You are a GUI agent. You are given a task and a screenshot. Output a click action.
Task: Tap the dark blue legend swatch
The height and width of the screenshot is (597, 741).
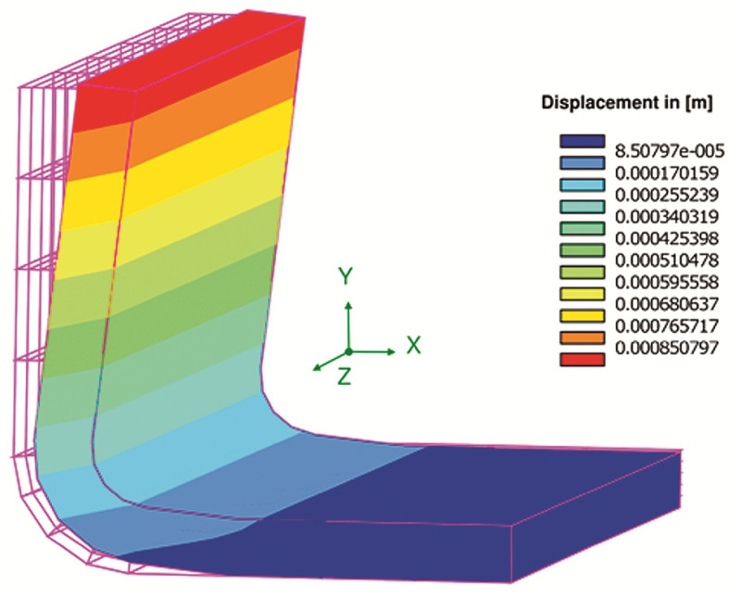(x=581, y=140)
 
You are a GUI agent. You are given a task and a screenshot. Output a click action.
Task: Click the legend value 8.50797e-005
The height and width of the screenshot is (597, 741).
(x=668, y=149)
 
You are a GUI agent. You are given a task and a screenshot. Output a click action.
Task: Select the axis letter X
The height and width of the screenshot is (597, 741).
(x=413, y=346)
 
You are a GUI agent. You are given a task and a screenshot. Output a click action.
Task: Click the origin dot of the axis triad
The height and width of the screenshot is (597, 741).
(x=348, y=352)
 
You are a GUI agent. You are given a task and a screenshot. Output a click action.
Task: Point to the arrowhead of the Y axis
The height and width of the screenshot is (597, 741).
(x=348, y=303)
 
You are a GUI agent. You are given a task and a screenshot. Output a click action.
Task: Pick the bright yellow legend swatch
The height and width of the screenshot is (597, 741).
(x=581, y=314)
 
